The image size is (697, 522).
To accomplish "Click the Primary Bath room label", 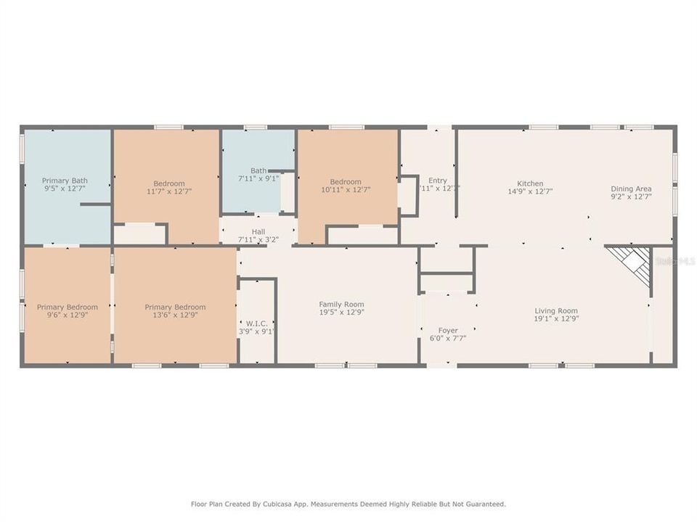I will click(65, 181).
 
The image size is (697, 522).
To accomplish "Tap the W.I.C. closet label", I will click(257, 323).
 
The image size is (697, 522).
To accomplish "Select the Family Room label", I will click(341, 304).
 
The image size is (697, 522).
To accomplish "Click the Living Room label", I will click(556, 310).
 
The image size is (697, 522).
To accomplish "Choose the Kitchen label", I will click(530, 183).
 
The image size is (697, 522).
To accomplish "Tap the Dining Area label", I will click(631, 188).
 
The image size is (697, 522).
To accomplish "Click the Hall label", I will click(258, 231).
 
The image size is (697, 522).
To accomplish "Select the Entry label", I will click(437, 181).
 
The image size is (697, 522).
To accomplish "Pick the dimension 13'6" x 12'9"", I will click(175, 315).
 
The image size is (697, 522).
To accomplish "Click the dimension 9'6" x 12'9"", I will click(67, 315).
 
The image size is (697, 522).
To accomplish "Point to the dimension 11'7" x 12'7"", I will click(168, 191).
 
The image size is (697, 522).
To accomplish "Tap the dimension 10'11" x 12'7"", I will click(346, 190).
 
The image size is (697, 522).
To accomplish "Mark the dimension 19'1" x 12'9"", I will click(556, 319).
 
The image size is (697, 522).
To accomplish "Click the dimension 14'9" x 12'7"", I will click(530, 192).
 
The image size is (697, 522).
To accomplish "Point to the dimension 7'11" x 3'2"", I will click(258, 239).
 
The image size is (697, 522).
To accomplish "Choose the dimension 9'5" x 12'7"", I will click(65, 189).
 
